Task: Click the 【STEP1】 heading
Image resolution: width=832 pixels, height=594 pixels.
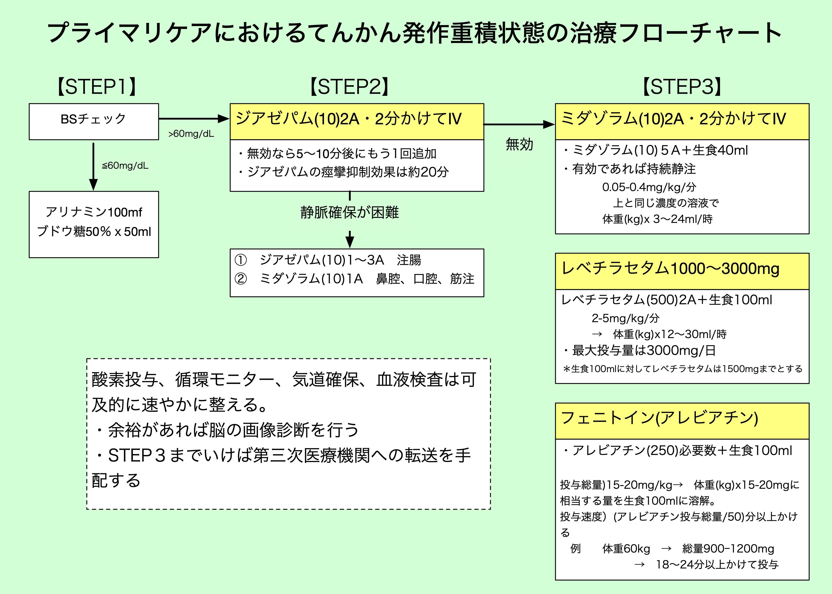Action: click(97, 87)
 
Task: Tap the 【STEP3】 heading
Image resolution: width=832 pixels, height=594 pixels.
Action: click(682, 87)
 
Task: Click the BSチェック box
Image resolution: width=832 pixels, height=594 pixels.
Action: click(94, 121)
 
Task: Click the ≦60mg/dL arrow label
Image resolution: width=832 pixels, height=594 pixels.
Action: click(125, 166)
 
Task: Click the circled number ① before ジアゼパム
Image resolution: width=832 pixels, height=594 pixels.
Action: click(241, 260)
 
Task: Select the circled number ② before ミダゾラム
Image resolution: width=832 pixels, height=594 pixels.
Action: click(241, 279)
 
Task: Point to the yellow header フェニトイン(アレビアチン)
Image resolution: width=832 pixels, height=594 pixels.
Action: click(682, 421)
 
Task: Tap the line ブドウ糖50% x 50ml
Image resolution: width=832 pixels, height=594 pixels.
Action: click(94, 231)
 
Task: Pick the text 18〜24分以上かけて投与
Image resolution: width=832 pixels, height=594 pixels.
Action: click(717, 564)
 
